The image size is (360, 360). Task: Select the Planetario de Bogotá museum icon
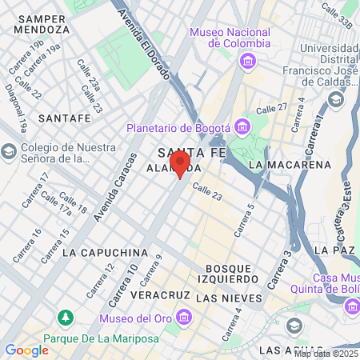242,126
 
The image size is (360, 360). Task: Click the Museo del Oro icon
185,318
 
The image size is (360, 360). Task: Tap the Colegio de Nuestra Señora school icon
8,151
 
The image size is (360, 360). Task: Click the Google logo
26,350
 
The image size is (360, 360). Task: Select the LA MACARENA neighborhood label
290,165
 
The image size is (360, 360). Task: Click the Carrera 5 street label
243,220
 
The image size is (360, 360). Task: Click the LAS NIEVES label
229,298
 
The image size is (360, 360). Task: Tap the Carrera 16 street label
26,246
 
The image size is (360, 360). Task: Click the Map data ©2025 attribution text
326,353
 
